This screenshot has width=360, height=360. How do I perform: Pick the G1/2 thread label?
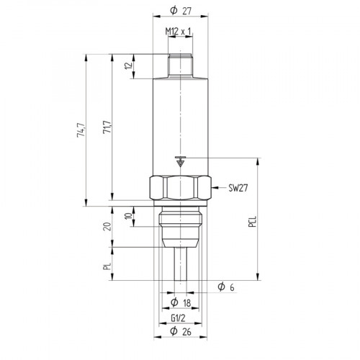[x=179, y=318]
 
